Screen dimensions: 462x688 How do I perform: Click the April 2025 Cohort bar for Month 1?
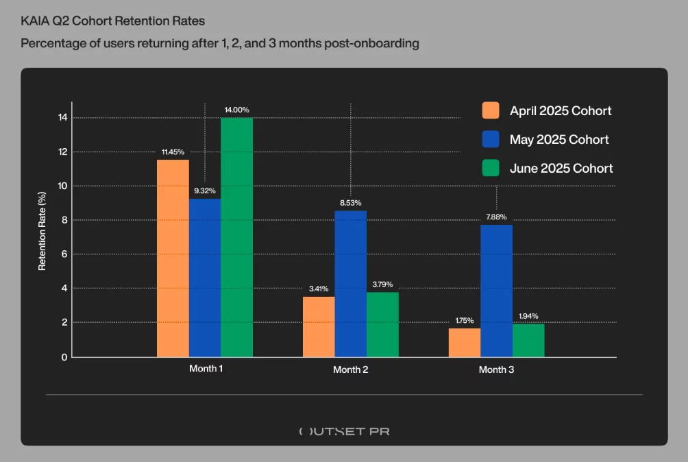[173, 258]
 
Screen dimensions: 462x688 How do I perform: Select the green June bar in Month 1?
[236, 237]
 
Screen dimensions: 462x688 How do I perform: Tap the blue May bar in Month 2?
[350, 284]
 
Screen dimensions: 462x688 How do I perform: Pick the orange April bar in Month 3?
[465, 342]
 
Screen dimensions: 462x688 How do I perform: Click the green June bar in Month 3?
[528, 341]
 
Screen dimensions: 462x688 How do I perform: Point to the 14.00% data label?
[236, 110]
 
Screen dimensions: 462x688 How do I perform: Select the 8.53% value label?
[350, 203]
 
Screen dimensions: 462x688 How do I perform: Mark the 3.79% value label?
[382, 284]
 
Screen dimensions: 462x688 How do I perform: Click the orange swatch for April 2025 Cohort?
[491, 111]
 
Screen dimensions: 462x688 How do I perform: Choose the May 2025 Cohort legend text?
[559, 140]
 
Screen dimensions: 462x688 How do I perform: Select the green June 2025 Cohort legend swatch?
[491, 168]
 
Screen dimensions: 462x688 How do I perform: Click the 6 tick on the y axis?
[64, 254]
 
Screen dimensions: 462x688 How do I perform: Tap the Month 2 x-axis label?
[350, 369]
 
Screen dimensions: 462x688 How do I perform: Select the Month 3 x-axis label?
[496, 369]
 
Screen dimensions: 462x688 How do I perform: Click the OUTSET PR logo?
[344, 431]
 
